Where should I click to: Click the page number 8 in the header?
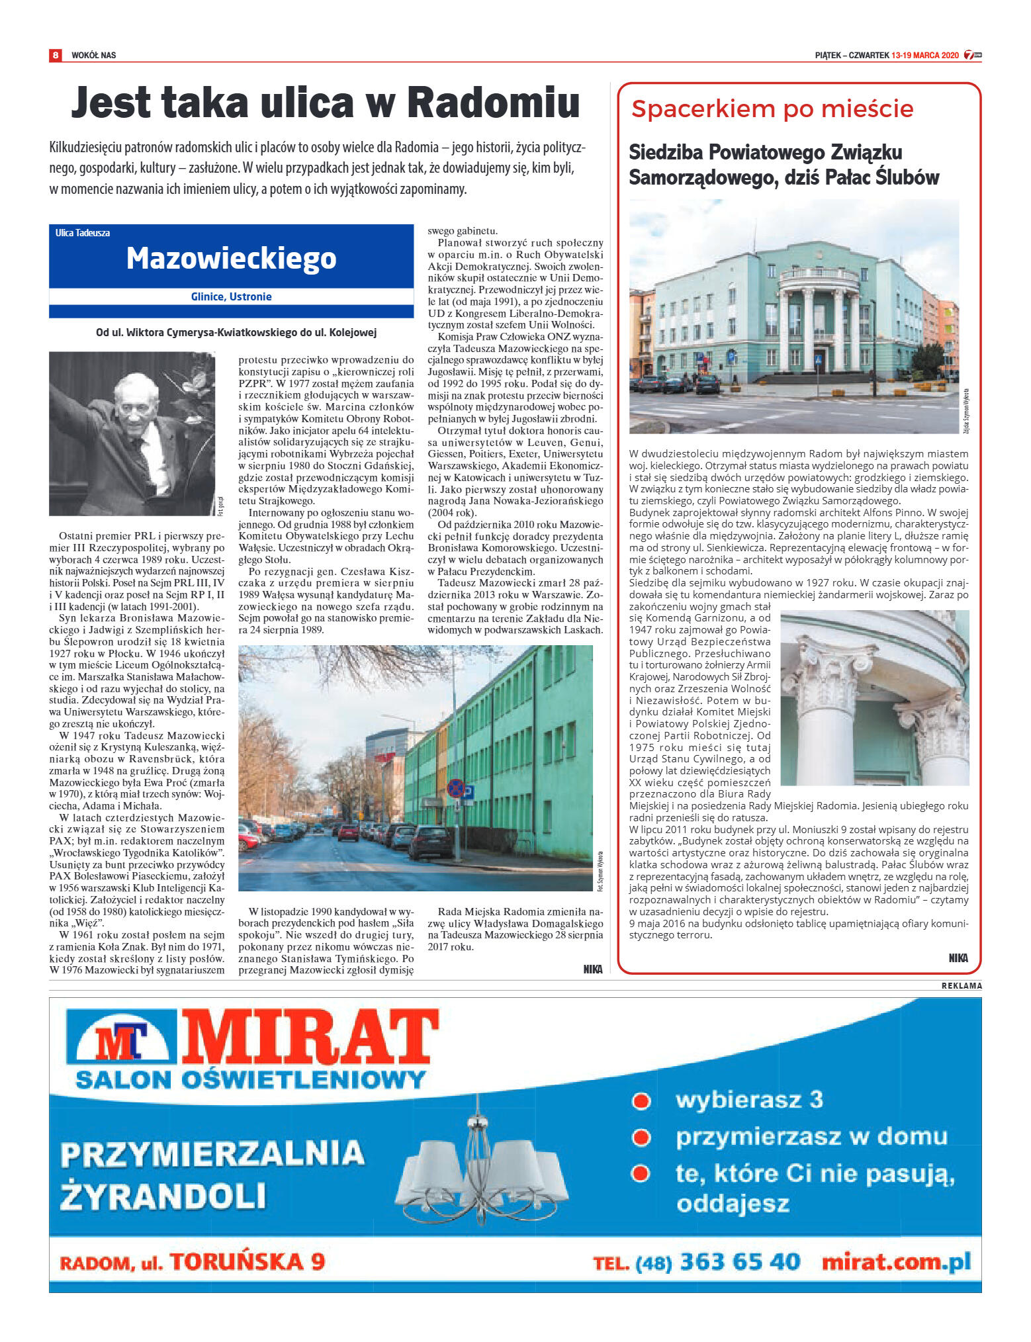pyautogui.click(x=56, y=55)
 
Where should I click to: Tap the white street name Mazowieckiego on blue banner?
pyautogui.click(x=231, y=258)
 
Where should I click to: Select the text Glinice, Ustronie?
pyautogui.click(x=231, y=296)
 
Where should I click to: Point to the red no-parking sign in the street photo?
pyautogui.click(x=455, y=787)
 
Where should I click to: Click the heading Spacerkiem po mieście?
pyautogui.click(x=772, y=109)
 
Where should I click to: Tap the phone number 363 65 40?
pyautogui.click(x=739, y=1261)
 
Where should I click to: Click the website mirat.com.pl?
pyautogui.click(x=896, y=1261)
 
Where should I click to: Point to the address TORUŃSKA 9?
pyautogui.click(x=247, y=1261)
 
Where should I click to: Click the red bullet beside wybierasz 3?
pyautogui.click(x=640, y=1101)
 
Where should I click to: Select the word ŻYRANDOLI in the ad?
pyautogui.click(x=163, y=1196)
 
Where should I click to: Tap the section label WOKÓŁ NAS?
pyautogui.click(x=93, y=55)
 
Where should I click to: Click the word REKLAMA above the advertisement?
pyautogui.click(x=962, y=985)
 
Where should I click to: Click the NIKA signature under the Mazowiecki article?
pyautogui.click(x=593, y=969)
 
